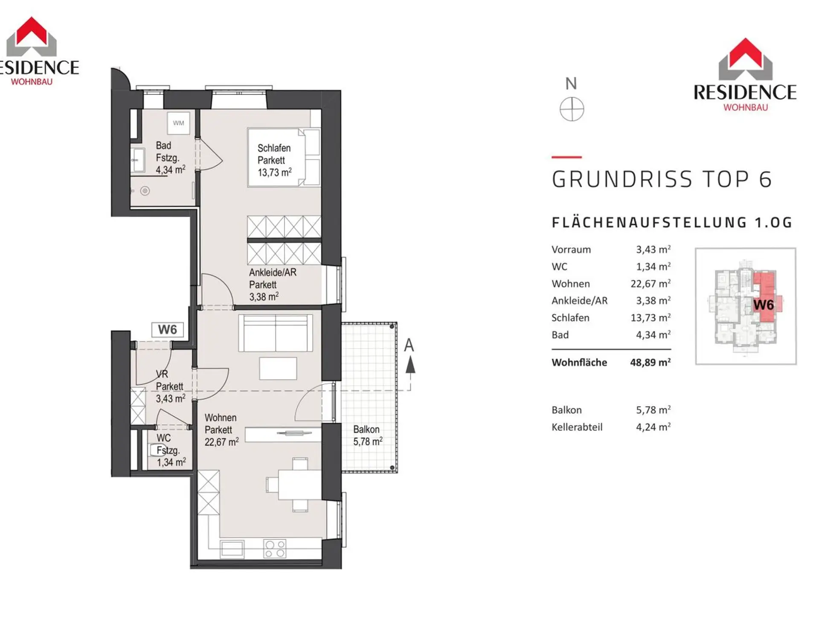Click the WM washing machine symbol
[x=178, y=123]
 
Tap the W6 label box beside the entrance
[x=168, y=330]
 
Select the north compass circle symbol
[x=572, y=109]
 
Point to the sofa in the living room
[x=276, y=333]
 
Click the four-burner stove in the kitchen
[x=275, y=549]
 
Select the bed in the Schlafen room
[x=284, y=157]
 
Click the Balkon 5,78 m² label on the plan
[x=368, y=436]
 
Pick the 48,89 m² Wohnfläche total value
[x=651, y=362]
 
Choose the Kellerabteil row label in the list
[x=577, y=427]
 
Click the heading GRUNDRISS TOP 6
[x=662, y=179]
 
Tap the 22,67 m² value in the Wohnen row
[x=651, y=283]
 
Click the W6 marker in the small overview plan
[x=764, y=305]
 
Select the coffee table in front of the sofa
[x=278, y=369]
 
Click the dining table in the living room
[x=300, y=484]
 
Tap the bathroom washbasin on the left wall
[x=137, y=160]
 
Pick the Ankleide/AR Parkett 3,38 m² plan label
[x=273, y=285]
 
